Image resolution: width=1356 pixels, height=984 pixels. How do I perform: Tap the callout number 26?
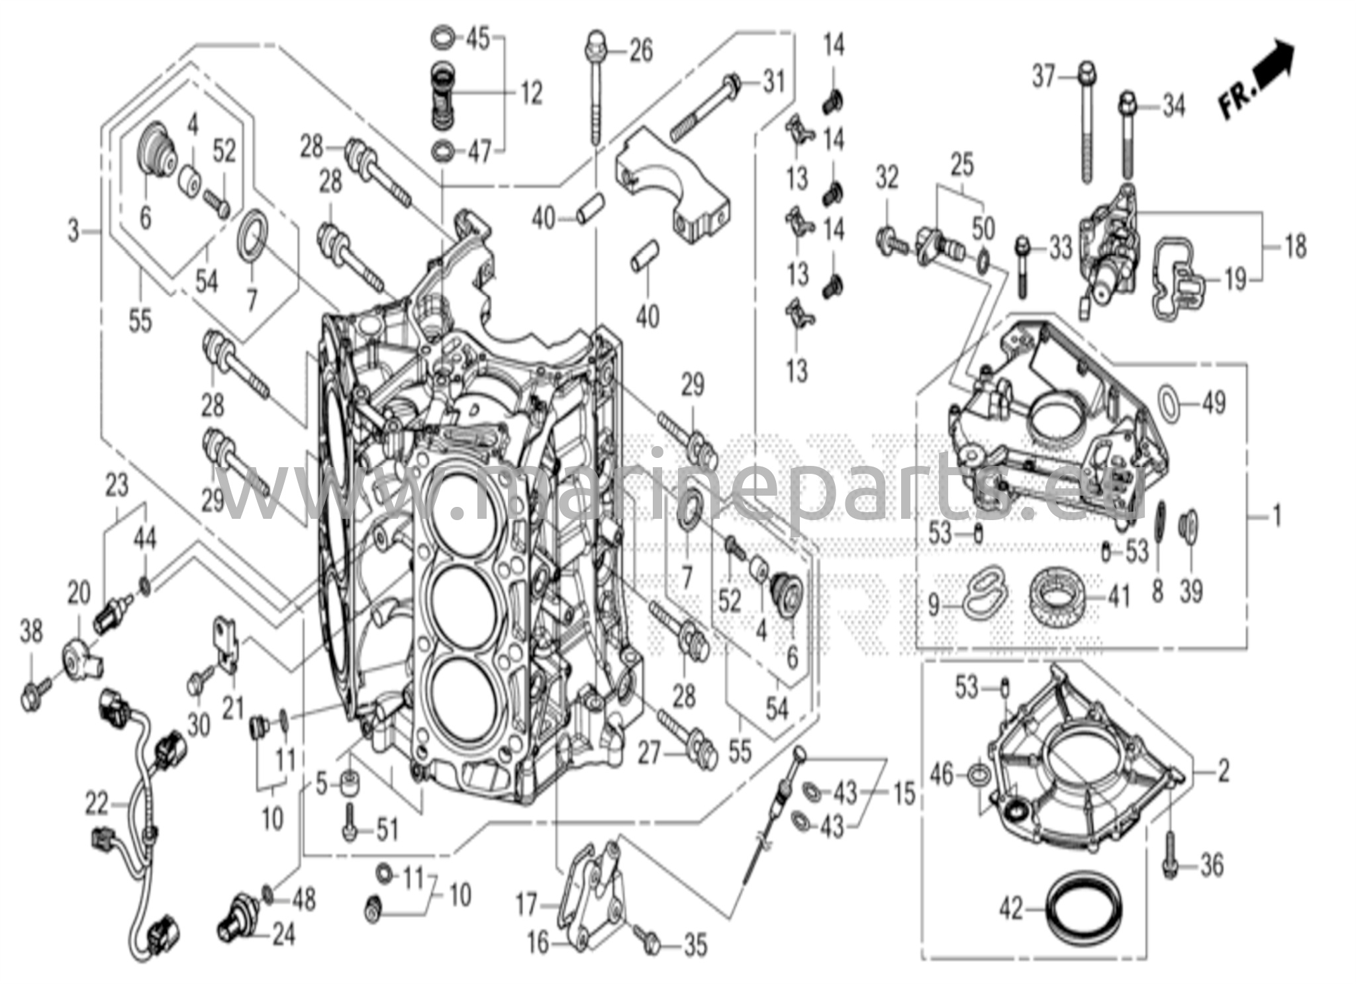click(x=640, y=51)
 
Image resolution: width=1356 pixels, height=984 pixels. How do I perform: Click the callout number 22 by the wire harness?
click(x=96, y=804)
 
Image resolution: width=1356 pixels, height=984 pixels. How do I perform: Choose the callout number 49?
click(x=1213, y=402)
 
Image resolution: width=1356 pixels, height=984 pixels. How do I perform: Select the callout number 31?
click(x=773, y=82)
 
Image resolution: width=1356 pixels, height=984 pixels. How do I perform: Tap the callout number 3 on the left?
click(x=73, y=231)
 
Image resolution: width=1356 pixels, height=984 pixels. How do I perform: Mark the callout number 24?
click(x=283, y=935)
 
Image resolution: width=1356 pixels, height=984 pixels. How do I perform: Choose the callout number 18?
click(x=1296, y=247)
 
